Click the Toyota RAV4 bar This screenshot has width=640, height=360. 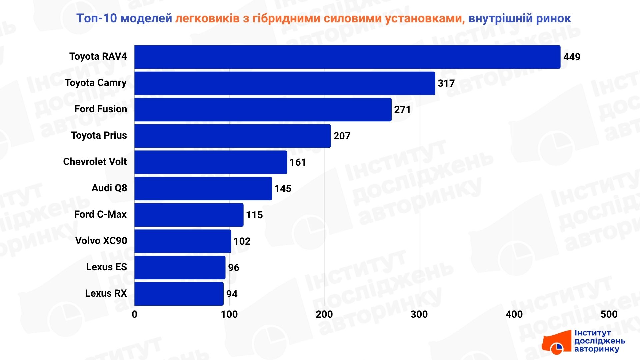pyautogui.click(x=347, y=57)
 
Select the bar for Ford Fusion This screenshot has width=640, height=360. pyautogui.click(x=263, y=110)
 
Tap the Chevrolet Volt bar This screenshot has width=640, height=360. pyautogui.click(x=211, y=162)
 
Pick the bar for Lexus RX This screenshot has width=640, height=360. pyautogui.click(x=179, y=294)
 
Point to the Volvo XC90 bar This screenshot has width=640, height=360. pyautogui.click(x=183, y=241)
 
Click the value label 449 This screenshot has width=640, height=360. pyautogui.click(x=572, y=57)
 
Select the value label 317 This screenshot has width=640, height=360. pyautogui.click(x=446, y=83)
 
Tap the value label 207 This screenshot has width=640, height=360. pyautogui.click(x=342, y=136)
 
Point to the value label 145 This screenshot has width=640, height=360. pyautogui.click(x=283, y=189)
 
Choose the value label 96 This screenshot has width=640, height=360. pyautogui.click(x=233, y=268)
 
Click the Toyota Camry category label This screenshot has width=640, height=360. pyautogui.click(x=96, y=83)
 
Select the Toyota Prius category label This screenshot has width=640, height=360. pyautogui.click(x=99, y=135)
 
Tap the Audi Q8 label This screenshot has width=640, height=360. pyautogui.click(x=109, y=188)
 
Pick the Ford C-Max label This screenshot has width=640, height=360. pyautogui.click(x=100, y=214)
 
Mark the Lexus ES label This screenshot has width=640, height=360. pyautogui.click(x=106, y=267)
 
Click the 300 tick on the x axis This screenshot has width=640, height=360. pyautogui.click(x=419, y=314)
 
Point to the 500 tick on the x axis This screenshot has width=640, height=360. pyautogui.click(x=609, y=314)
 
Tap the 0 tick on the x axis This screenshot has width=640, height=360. pyautogui.click(x=134, y=314)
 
